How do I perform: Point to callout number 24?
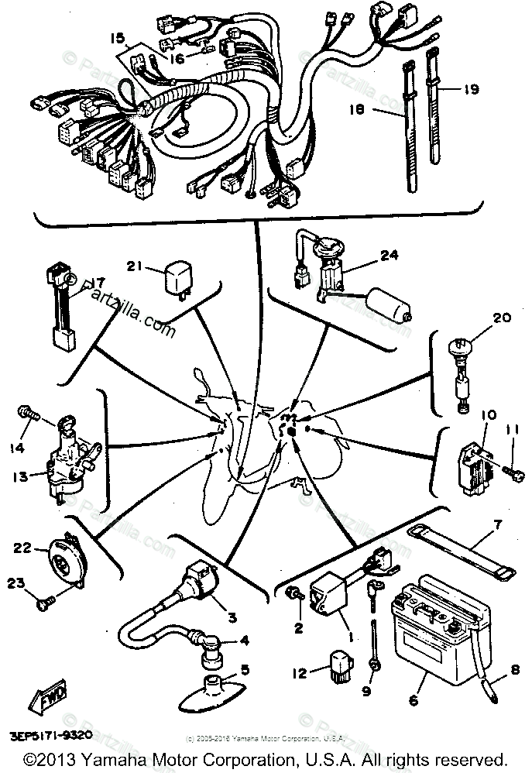(x=390, y=254)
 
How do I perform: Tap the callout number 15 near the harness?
(x=118, y=38)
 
